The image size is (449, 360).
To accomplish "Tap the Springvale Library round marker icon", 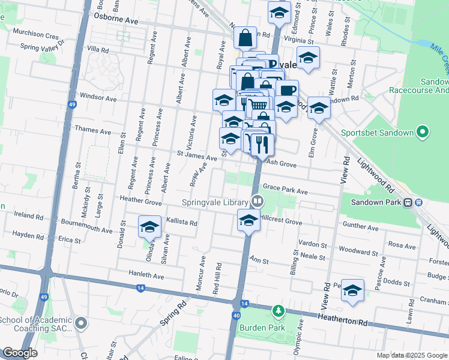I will coord(258,200).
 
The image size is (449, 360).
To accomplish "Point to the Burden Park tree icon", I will coord(277,311).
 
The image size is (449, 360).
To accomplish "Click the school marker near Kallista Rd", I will coord(149,226).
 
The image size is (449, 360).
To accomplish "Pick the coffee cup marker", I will coord(288,90).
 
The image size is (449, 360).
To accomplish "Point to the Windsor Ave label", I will coord(98,97).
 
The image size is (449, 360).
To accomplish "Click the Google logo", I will coord(20,353).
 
